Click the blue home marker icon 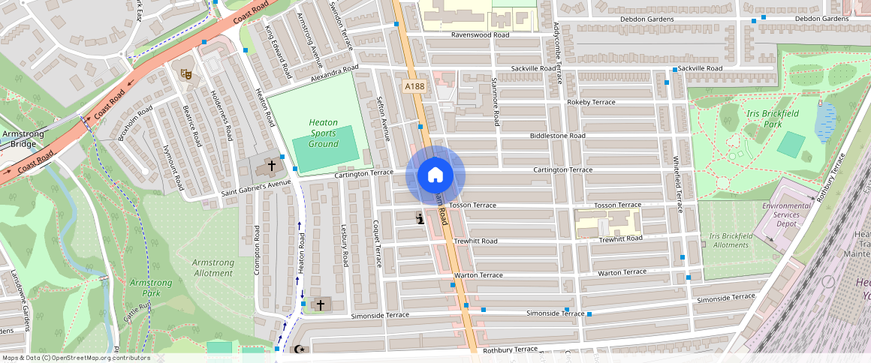pyautogui.click(x=435, y=175)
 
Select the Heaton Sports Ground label pyautogui.click(x=324, y=133)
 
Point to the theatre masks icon pyautogui.click(x=186, y=73)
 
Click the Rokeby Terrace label pyautogui.click(x=591, y=102)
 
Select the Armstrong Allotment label pyautogui.click(x=212, y=268)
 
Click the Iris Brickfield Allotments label pyautogui.click(x=729, y=240)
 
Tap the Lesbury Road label pyautogui.click(x=345, y=245)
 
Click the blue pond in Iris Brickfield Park pyautogui.click(x=826, y=122)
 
